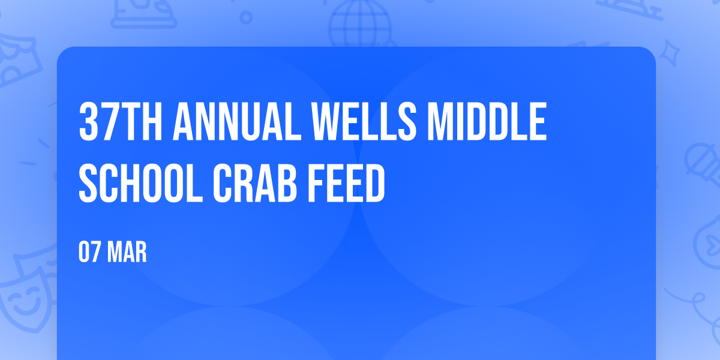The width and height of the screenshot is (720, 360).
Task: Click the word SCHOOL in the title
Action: pos(141,183)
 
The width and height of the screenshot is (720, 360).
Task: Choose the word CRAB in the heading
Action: pos(255,183)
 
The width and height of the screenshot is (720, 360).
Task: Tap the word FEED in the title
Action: pos(347,183)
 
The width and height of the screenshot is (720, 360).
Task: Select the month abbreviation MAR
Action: pos(127,253)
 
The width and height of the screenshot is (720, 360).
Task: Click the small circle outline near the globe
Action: pos(246,17)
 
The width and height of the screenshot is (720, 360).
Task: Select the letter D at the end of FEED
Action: pos(375,183)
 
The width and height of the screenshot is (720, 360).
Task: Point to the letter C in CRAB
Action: pos(223,183)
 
